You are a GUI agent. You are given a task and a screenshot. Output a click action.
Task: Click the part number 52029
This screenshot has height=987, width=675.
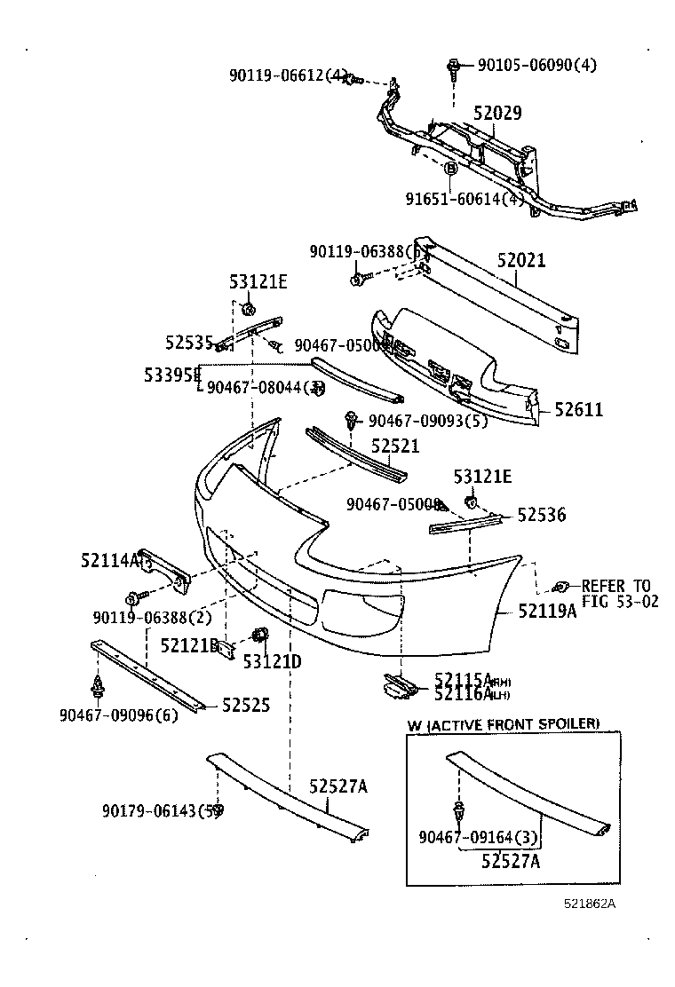(496, 114)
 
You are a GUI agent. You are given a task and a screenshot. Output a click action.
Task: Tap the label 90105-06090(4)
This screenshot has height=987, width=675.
(536, 65)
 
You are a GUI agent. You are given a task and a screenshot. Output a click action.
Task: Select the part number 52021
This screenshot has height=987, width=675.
(520, 261)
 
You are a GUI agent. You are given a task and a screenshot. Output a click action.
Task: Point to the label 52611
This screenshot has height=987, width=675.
(578, 409)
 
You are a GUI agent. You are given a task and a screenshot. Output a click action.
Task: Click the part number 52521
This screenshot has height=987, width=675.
(394, 446)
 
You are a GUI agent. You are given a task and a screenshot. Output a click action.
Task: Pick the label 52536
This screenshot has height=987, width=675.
(541, 515)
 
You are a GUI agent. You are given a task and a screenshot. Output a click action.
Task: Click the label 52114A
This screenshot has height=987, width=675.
(109, 560)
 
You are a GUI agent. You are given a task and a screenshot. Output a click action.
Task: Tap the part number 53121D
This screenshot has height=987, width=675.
(272, 661)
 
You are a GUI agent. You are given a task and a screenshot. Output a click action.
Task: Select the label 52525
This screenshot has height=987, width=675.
(246, 705)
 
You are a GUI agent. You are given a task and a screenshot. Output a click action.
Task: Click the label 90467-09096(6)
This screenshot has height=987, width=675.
(118, 715)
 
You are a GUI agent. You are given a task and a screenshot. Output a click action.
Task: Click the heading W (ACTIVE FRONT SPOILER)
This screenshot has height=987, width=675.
(503, 724)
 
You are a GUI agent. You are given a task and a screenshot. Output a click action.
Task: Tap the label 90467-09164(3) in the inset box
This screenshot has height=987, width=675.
(479, 836)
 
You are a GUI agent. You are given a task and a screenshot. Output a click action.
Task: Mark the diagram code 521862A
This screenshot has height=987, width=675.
(589, 904)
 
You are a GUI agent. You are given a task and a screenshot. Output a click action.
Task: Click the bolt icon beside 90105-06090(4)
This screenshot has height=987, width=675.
(454, 65)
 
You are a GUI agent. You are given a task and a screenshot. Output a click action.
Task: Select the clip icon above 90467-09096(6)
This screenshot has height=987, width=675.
(98, 685)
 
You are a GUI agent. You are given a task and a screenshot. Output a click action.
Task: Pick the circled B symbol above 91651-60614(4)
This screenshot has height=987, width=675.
(450, 168)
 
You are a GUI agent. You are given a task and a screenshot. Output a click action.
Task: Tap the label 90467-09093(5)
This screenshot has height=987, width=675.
(428, 422)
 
